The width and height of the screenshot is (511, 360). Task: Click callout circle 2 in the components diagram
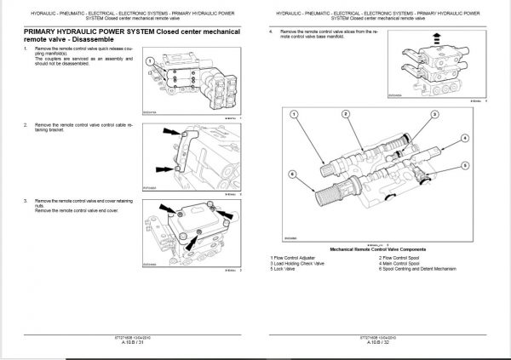(x=346, y=112)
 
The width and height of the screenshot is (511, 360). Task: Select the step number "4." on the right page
(x=270, y=31)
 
